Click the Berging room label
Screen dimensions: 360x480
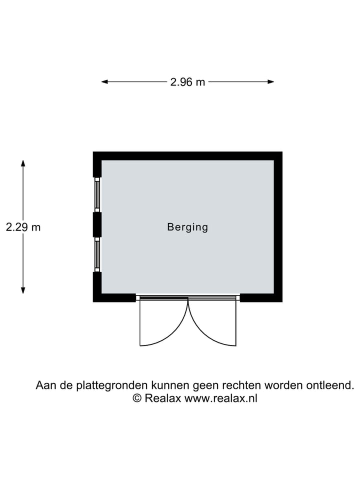coord(187,227)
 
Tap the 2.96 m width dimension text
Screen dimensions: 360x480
coord(187,82)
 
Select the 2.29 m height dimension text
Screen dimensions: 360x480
coord(23,227)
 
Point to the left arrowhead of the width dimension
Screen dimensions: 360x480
coord(104,81)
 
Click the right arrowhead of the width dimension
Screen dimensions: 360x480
coord(270,81)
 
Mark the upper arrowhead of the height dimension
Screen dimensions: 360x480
coord(23,163)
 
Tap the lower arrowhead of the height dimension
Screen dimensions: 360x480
coord(23,290)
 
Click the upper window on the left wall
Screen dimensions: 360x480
coord(97,194)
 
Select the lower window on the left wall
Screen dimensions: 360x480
coord(97,254)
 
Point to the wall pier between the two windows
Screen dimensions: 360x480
coord(97,224)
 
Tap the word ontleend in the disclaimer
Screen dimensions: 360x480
coord(330,385)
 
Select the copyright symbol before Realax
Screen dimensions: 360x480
coord(137,398)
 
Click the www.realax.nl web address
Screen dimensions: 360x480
coord(220,398)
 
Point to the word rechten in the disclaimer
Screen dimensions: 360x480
coord(242,385)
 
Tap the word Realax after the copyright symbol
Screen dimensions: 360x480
coord(163,398)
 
